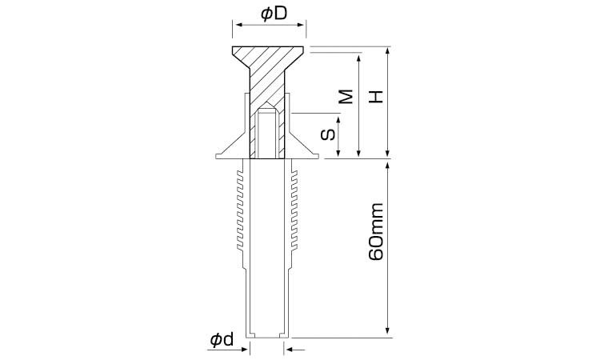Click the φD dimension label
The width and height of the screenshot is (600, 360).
[274, 14]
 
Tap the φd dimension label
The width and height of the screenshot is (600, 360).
[222, 340]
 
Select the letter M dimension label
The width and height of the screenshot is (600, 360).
[346, 97]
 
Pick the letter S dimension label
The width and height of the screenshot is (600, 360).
[328, 134]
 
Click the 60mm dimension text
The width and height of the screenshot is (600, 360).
[376, 232]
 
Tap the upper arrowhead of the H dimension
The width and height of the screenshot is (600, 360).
[388, 50]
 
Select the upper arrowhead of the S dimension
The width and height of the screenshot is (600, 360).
[338, 121]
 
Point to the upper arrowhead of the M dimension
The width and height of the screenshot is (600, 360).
[358, 58]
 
